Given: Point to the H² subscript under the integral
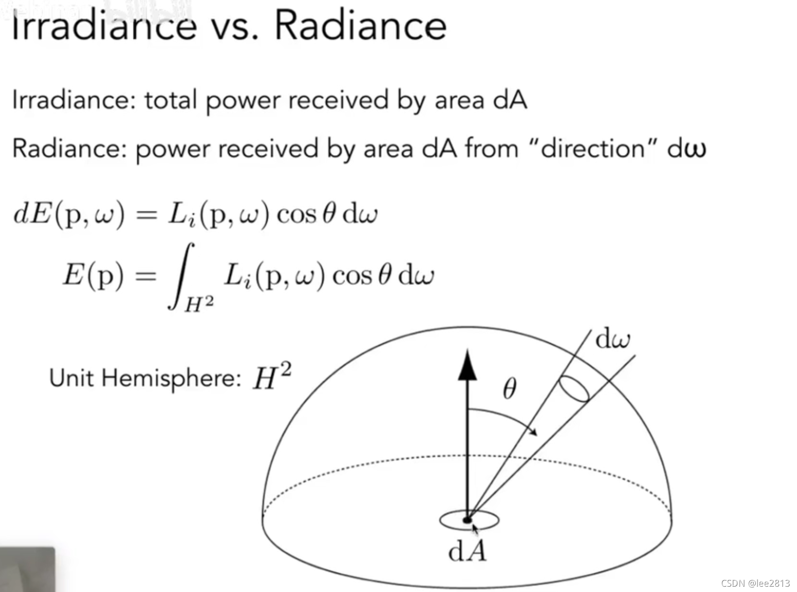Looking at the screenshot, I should [x=199, y=304].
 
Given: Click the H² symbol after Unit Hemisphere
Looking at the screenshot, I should [x=272, y=377].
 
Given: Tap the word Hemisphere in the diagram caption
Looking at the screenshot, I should [x=171, y=378].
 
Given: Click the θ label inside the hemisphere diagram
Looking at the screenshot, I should [x=509, y=389].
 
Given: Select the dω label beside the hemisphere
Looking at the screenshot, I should [x=612, y=339].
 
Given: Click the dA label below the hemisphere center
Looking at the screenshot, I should [x=467, y=552].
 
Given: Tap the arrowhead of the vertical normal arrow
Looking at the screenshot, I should [x=467, y=365].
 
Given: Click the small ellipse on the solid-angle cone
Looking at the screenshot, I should [x=573, y=389].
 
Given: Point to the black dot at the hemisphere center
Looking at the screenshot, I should [x=467, y=520].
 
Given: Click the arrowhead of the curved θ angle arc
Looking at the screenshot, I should [x=533, y=431].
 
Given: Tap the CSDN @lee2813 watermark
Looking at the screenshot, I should [x=755, y=583].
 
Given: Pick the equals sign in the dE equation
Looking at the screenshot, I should [x=146, y=214].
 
